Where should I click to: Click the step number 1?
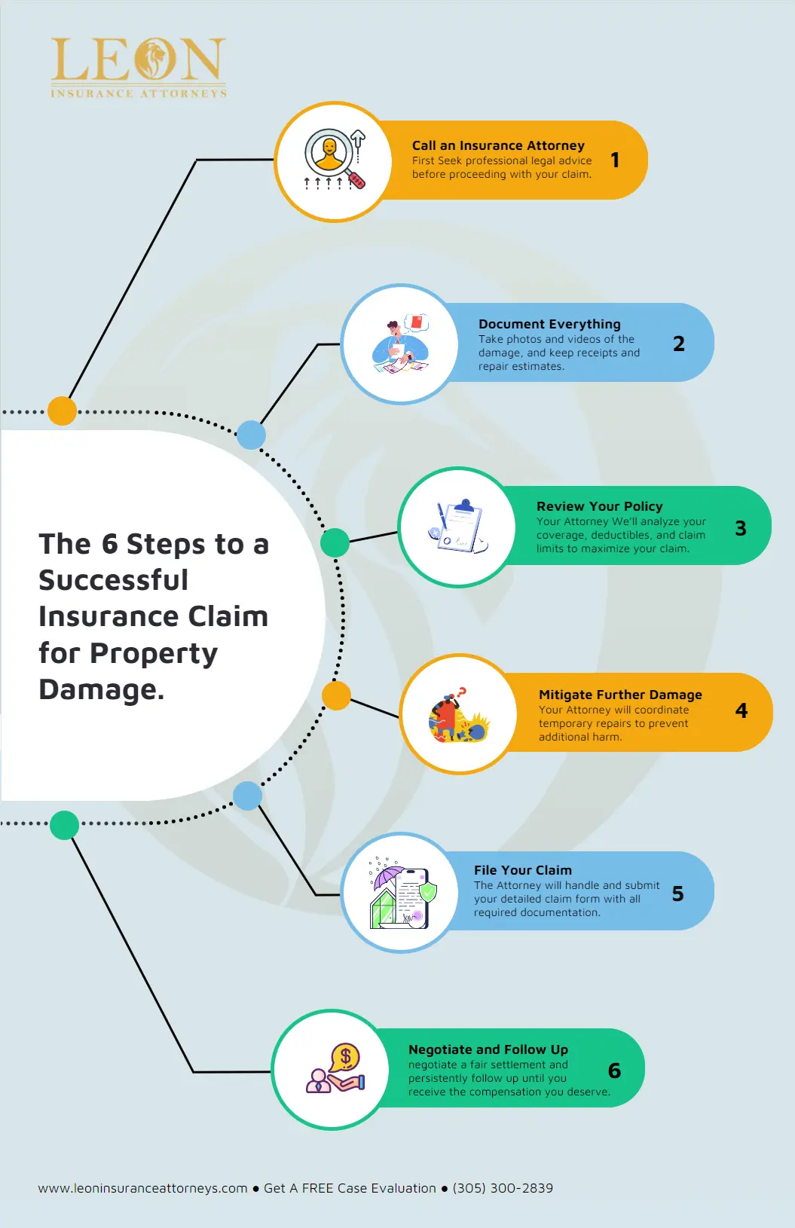615,160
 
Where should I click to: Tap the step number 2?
679,344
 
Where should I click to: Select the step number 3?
741,528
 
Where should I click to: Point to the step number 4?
741,710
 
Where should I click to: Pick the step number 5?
677,894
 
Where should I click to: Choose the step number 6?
614,1071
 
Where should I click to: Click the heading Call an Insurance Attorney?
498,145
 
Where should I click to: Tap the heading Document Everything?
549,324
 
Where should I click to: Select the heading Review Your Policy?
599,506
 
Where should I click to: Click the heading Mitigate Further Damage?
620,695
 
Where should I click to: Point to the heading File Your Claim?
522,870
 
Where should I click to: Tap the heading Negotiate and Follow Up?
488,1049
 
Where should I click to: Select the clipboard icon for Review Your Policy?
459,527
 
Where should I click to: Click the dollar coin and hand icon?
336,1069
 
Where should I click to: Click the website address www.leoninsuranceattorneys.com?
142,1188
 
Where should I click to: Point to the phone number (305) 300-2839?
503,1188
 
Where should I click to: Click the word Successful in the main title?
113,580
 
